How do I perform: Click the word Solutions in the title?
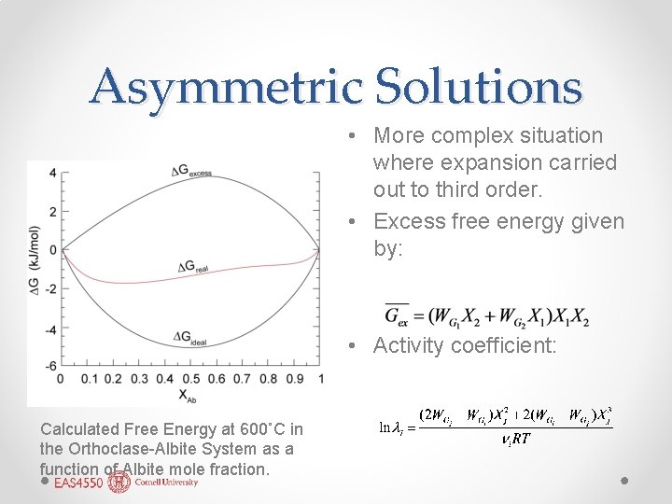pos(478,88)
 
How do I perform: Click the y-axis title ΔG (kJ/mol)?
pos(35,269)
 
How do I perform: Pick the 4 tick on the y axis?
pos(52,172)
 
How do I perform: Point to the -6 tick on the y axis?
pos(50,365)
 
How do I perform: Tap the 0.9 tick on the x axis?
pos(294,379)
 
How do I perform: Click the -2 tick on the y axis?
pos(50,288)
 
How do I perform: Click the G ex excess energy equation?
pos(486,315)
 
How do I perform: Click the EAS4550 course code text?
pos(78,483)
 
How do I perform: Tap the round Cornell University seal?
pos(119,483)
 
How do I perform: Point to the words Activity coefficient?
pos(464,345)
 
